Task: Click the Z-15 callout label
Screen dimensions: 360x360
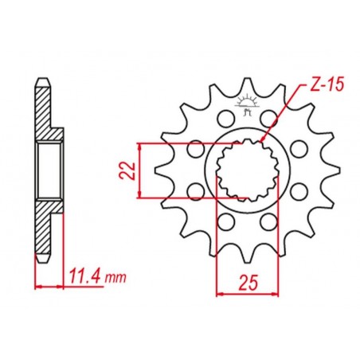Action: tap(327, 85)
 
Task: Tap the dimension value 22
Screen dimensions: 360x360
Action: tap(127, 170)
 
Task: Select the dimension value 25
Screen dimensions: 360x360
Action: tap(248, 283)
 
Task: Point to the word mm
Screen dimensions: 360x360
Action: tap(115, 279)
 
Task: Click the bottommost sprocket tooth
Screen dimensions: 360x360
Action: tap(248, 252)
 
